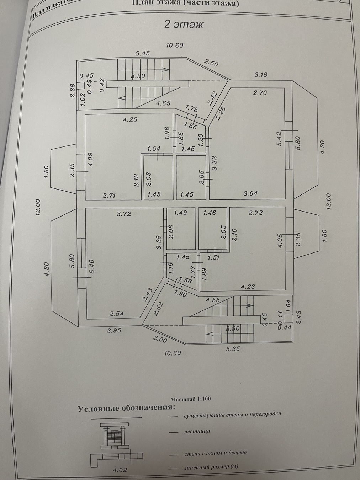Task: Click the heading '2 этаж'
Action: (x=184, y=25)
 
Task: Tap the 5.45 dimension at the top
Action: (x=143, y=53)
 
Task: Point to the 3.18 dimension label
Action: (x=261, y=75)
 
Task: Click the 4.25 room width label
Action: (x=130, y=120)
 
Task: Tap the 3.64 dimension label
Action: (x=250, y=194)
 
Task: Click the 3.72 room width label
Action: (x=124, y=214)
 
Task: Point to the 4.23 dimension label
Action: (x=248, y=286)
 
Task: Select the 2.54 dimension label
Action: (x=116, y=314)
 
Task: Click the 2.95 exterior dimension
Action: (x=114, y=330)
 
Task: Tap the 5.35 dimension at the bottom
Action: (x=233, y=349)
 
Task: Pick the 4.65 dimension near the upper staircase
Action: (x=163, y=103)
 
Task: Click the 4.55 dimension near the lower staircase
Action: (x=213, y=300)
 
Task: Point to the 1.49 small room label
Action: (x=180, y=213)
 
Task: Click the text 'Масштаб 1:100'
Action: (x=190, y=399)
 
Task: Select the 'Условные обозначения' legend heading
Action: (x=127, y=408)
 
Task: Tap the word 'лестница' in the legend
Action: (x=197, y=431)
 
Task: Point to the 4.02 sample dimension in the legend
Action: (x=120, y=470)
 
